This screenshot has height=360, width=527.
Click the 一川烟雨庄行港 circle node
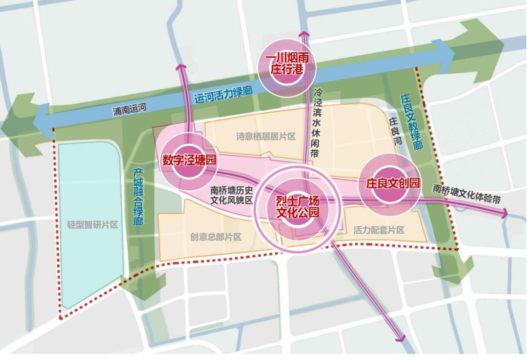click(x=287, y=64)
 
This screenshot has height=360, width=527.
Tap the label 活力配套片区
click(x=379, y=230)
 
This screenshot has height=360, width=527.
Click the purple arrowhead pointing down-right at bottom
click(x=401, y=337)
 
